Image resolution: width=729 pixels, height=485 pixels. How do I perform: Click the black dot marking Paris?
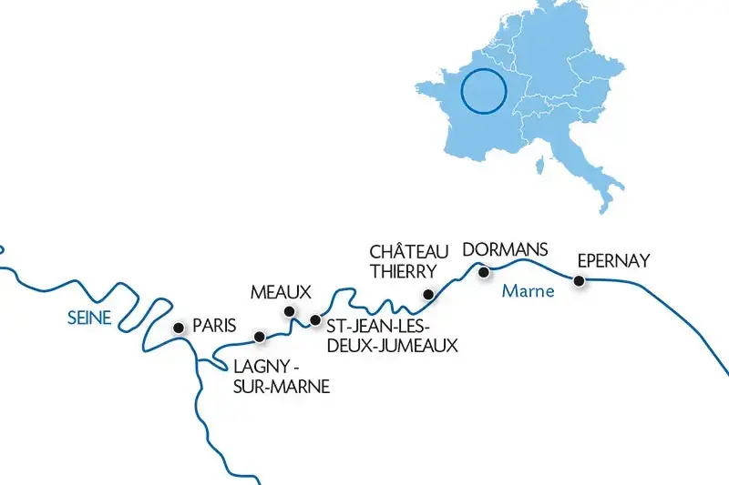click(x=178, y=327)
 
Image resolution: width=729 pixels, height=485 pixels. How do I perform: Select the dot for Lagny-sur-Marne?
click(x=260, y=337)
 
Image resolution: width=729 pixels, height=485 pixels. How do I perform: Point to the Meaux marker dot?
click(x=290, y=311)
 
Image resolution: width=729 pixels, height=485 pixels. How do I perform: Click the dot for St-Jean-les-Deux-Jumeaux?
click(x=315, y=319)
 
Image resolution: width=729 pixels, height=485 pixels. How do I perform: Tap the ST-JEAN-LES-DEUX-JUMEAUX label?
click(x=391, y=336)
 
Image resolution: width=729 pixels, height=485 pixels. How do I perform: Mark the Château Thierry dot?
click(x=427, y=294)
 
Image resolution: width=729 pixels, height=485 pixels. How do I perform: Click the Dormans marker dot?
click(x=485, y=269)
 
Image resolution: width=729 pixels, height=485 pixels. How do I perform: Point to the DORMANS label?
click(x=506, y=248)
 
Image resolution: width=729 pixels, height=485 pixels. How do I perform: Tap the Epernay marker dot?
click(x=578, y=281)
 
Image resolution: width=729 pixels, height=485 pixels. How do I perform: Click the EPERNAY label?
click(x=614, y=261)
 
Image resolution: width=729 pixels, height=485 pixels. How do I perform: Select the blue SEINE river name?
click(x=89, y=318)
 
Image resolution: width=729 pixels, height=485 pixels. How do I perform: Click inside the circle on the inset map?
click(x=483, y=92)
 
